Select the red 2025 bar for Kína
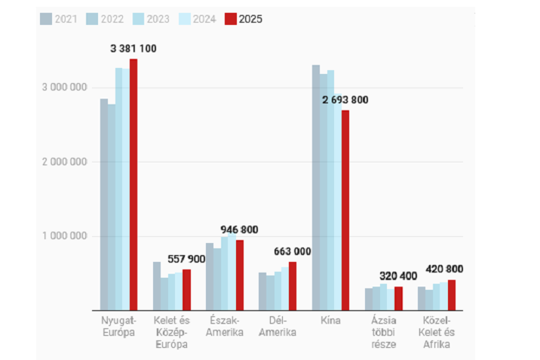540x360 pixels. click(x=345, y=211)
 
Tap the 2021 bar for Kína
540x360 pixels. click(x=316, y=188)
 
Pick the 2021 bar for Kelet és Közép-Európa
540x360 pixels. click(x=157, y=286)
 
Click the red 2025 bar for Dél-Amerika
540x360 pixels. click(x=293, y=286)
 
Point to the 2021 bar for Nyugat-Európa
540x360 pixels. click(x=104, y=205)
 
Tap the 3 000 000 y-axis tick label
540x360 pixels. click(x=61, y=87)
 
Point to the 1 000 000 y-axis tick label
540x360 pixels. click(x=61, y=236)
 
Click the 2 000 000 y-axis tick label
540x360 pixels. click(x=61, y=162)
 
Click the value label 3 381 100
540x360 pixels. click(x=133, y=49)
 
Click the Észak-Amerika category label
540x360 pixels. click(x=225, y=327)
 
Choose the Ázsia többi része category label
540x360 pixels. click(x=382, y=333)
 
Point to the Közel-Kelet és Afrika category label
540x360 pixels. click(x=436, y=333)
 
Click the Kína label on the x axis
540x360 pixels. click(x=330, y=322)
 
